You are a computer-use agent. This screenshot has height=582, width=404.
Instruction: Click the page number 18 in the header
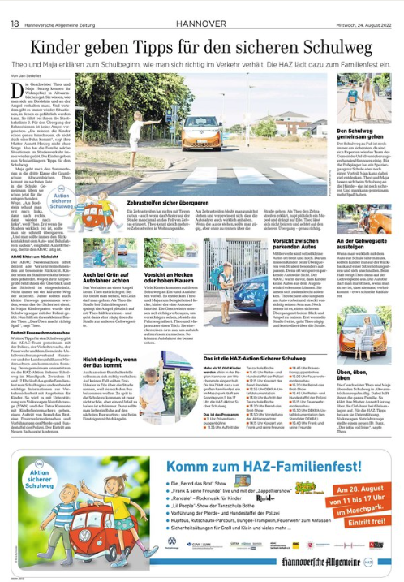(14, 7)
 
